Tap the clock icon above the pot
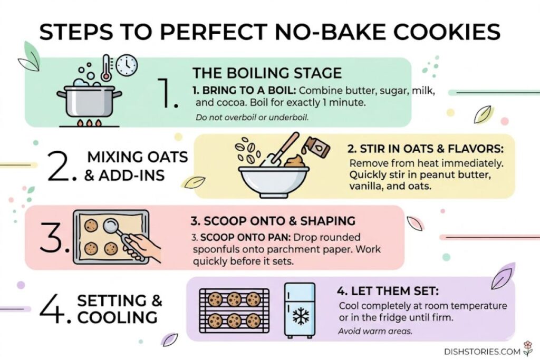[127, 65]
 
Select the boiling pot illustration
[90, 100]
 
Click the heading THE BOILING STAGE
[267, 73]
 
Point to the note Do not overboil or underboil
[252, 117]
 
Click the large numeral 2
[63, 166]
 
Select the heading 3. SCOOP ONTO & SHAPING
[272, 220]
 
